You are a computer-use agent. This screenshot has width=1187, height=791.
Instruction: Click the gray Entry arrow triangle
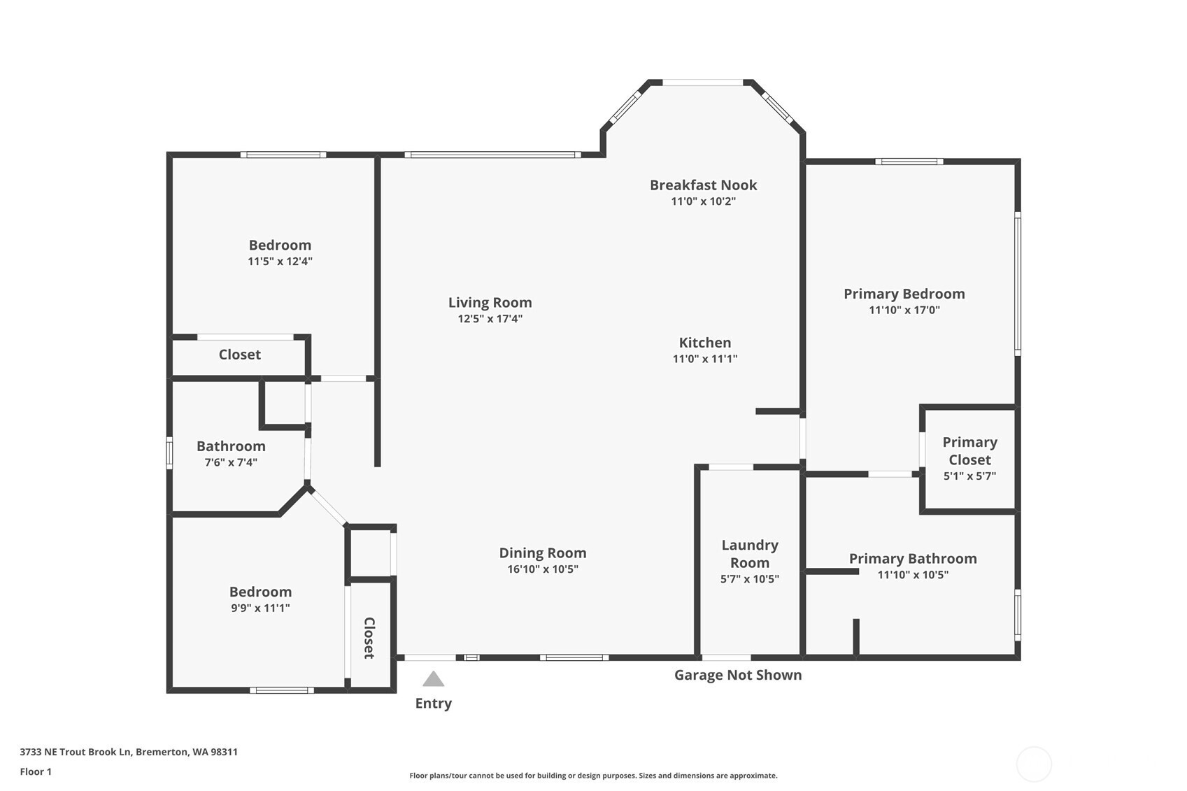point(433,679)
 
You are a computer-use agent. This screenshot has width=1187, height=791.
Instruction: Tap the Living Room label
point(490,303)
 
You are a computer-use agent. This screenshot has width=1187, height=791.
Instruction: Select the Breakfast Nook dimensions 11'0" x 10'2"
point(704,201)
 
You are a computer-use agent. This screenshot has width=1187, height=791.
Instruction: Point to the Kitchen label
point(705,342)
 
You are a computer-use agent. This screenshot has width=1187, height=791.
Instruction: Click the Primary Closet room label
point(969,451)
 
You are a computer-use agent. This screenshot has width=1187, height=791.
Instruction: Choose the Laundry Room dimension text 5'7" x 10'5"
point(750,579)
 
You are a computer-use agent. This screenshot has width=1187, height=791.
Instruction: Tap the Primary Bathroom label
point(913,558)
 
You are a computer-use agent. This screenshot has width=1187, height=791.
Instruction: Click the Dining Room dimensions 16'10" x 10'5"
point(543,569)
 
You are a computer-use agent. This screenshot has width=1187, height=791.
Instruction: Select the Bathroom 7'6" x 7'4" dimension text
point(231,462)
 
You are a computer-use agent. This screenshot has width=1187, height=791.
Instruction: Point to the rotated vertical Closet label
point(369,638)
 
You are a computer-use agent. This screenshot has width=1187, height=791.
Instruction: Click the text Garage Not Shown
point(738,675)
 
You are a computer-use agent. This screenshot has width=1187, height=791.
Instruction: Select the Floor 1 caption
point(36,771)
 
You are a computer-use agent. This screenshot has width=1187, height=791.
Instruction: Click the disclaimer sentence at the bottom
point(593,776)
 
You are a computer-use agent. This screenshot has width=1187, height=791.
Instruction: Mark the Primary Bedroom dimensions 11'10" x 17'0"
point(904,310)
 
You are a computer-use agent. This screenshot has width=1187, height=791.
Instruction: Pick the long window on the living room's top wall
point(493,155)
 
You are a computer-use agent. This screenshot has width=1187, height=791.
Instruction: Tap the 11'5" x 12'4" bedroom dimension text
point(280,261)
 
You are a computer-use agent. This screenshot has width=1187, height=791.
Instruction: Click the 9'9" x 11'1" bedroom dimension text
point(260,608)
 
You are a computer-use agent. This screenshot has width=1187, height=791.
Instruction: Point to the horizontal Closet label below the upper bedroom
point(239,355)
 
